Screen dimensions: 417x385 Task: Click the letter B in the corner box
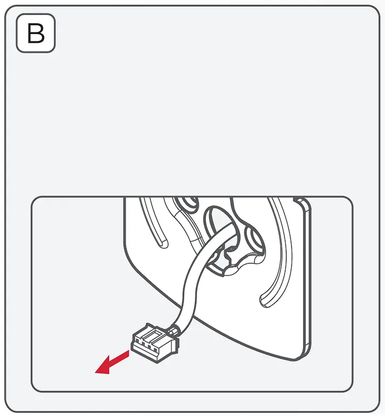pos(36,33)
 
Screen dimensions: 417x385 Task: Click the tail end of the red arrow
pos(127,354)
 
